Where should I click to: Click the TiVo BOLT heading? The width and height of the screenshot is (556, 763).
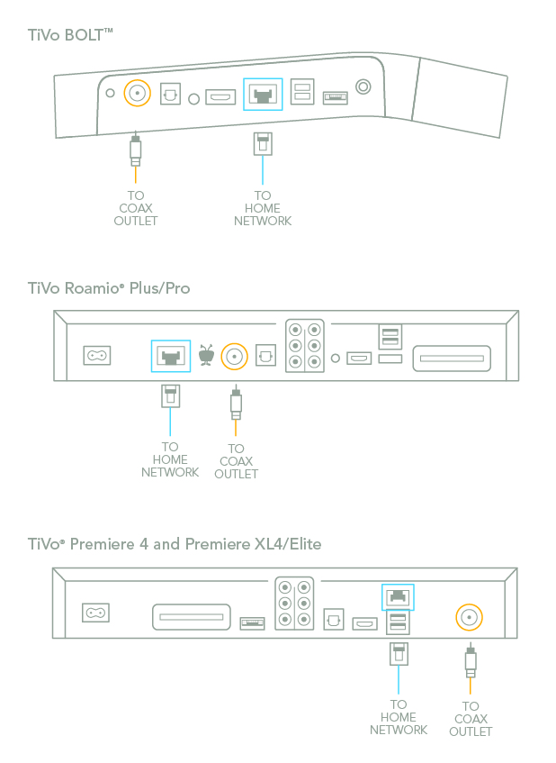click(71, 34)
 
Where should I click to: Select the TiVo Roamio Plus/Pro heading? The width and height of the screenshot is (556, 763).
click(109, 288)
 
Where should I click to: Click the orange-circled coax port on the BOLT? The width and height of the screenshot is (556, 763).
click(137, 92)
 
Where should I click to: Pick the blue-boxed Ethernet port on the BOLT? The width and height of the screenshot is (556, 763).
click(263, 94)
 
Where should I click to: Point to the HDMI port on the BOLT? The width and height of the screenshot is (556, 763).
click(220, 95)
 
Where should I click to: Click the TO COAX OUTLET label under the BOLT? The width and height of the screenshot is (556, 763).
click(136, 208)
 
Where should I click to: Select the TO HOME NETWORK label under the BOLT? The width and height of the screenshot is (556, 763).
click(263, 208)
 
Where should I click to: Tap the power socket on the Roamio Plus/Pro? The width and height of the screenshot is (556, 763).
click(96, 356)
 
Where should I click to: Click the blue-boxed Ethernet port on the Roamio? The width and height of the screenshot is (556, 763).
click(168, 356)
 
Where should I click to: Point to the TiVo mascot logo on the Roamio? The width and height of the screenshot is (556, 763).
click(206, 356)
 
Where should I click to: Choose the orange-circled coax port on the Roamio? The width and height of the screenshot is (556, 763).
click(235, 356)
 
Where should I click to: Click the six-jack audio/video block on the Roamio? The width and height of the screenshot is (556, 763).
click(304, 346)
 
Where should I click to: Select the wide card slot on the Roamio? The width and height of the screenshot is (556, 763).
click(452, 359)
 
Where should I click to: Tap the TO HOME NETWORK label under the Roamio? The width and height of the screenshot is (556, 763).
click(170, 459)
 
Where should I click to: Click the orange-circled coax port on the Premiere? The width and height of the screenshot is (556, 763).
click(469, 617)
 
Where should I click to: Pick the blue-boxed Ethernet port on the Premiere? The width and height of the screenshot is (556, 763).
click(397, 595)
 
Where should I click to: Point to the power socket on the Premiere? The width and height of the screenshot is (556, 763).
click(96, 613)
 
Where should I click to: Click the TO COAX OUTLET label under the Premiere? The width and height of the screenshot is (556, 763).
click(471, 719)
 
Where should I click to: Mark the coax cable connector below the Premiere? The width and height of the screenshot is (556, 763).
click(470, 664)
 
